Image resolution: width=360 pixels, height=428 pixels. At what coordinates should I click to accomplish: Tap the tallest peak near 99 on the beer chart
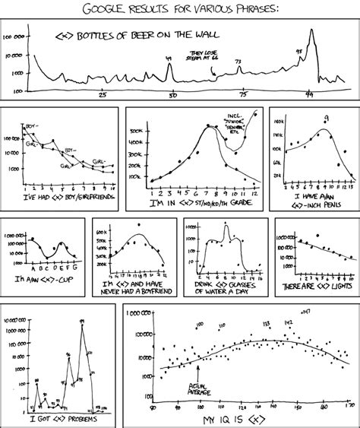point(311,33)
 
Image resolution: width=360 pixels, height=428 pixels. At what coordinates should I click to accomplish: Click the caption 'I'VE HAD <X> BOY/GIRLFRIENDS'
point(62,195)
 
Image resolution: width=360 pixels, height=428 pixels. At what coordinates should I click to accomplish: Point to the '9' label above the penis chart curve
point(326,118)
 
